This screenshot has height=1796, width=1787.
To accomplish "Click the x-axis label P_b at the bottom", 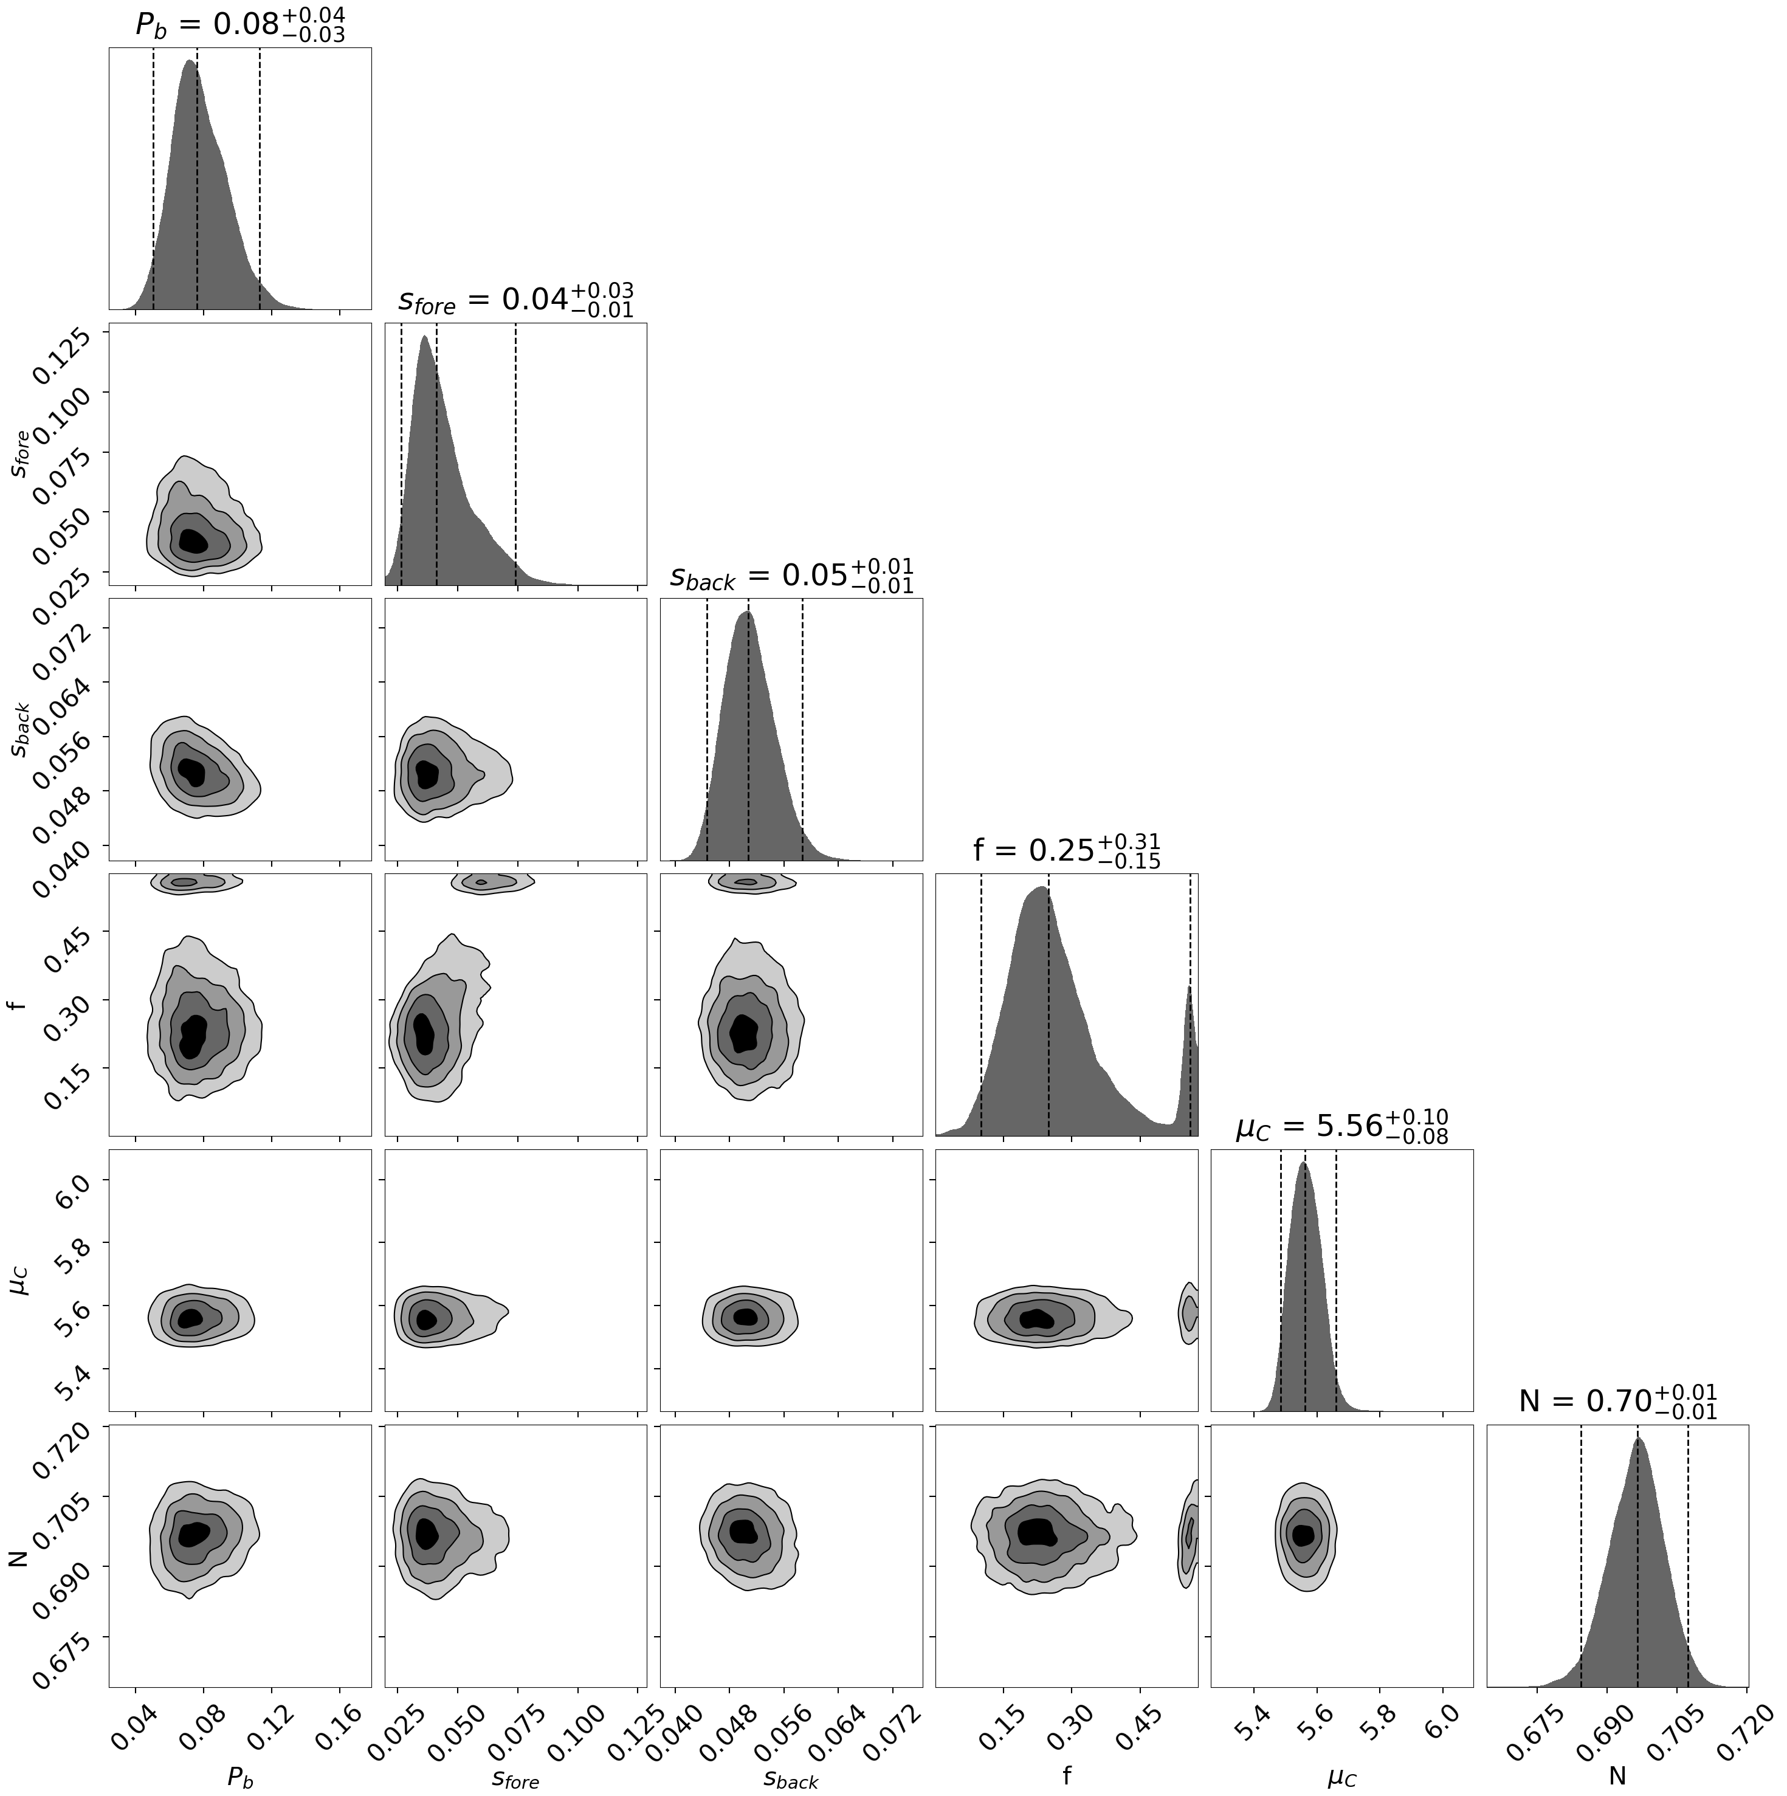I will tap(240, 1777).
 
